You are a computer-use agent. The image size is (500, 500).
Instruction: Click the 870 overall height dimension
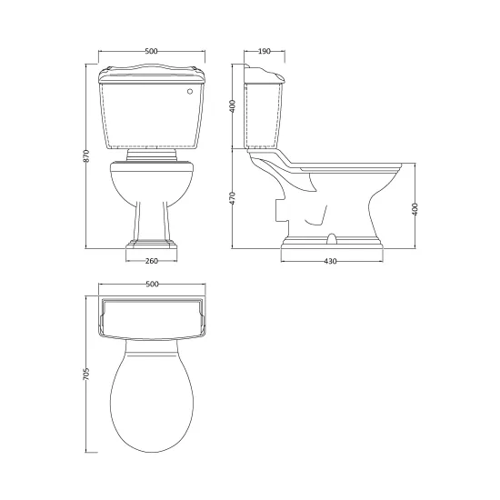click(87, 155)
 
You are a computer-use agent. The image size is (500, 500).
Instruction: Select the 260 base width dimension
click(152, 261)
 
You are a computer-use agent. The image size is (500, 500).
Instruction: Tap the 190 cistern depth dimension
click(265, 51)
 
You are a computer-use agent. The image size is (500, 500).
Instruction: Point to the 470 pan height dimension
click(233, 198)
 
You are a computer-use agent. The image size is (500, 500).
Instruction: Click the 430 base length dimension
click(330, 261)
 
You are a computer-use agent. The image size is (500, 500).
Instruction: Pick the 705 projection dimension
click(86, 374)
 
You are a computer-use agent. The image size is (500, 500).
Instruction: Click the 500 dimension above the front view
click(152, 51)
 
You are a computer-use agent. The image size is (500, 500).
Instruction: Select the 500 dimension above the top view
click(152, 284)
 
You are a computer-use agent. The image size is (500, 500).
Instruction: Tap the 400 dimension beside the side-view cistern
click(233, 106)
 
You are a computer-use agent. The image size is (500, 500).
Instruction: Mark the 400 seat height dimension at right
click(415, 209)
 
